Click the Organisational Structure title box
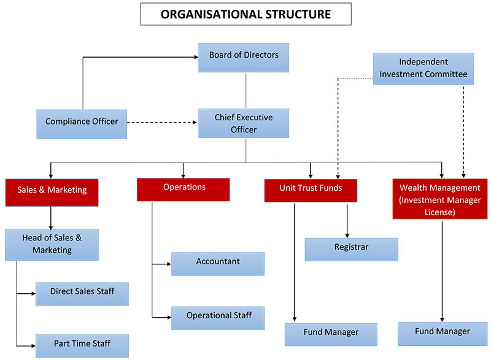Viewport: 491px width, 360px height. point(246,14)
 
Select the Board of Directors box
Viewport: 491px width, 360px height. point(244,58)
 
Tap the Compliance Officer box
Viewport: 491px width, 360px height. point(82,124)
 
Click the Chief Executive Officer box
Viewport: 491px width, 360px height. point(244,123)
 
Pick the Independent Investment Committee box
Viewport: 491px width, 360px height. point(423,69)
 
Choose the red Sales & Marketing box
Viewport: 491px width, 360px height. point(52,193)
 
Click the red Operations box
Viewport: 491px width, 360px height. point(183,190)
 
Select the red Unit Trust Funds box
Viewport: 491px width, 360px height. point(311,191)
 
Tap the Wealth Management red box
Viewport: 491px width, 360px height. point(440,199)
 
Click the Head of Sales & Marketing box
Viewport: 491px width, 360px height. point(52,245)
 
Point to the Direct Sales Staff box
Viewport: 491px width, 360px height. point(82,294)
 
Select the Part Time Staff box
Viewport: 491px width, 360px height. point(82,346)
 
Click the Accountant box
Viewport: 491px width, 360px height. point(218,264)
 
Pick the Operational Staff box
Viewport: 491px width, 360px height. point(218,318)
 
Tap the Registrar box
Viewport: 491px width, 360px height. point(351,249)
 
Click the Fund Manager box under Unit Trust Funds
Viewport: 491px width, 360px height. point(331,334)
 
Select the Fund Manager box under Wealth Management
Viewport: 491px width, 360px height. point(443,334)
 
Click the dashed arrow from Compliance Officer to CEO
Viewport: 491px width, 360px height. point(162,122)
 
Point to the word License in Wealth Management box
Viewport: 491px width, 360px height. point(439,212)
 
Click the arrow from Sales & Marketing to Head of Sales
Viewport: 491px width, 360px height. point(51,218)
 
